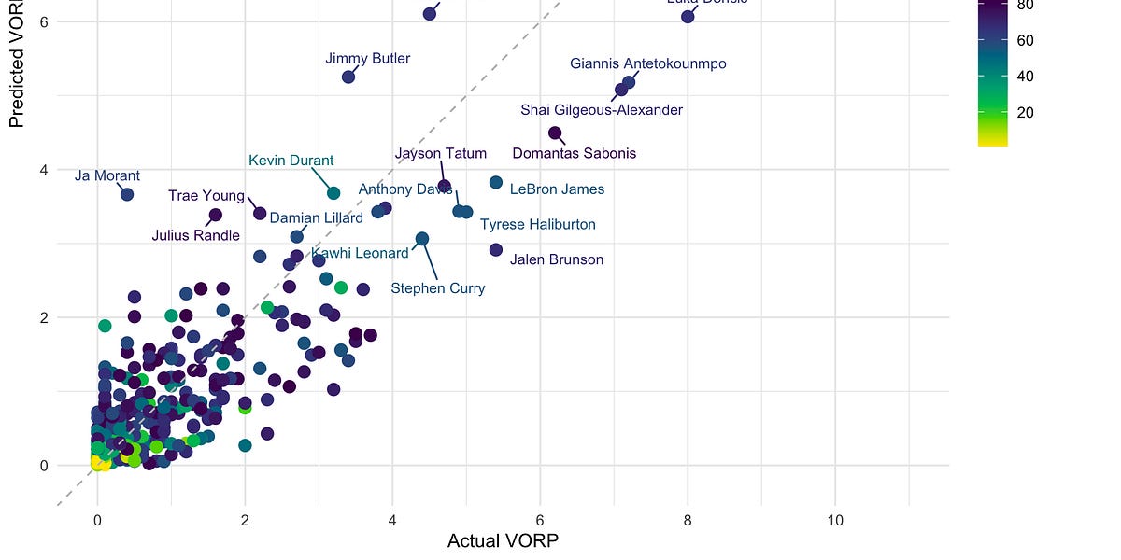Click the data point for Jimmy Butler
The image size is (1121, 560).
[x=348, y=77]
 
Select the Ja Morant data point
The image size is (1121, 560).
[x=127, y=194]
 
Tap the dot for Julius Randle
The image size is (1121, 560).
[x=215, y=215]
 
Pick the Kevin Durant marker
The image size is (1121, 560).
[x=333, y=192]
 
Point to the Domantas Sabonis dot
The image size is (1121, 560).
[x=555, y=133]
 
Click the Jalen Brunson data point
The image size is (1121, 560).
[x=496, y=249]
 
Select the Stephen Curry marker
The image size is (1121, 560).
[x=421, y=239]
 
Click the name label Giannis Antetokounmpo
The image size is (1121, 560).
[x=647, y=63]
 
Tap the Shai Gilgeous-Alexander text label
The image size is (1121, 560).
[x=602, y=110]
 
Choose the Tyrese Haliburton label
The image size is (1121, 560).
[x=537, y=225]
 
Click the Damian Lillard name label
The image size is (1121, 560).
[x=316, y=218]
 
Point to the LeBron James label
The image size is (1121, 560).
[x=557, y=189]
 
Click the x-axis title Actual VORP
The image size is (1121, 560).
[x=503, y=541]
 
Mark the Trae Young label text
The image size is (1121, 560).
[x=206, y=196]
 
